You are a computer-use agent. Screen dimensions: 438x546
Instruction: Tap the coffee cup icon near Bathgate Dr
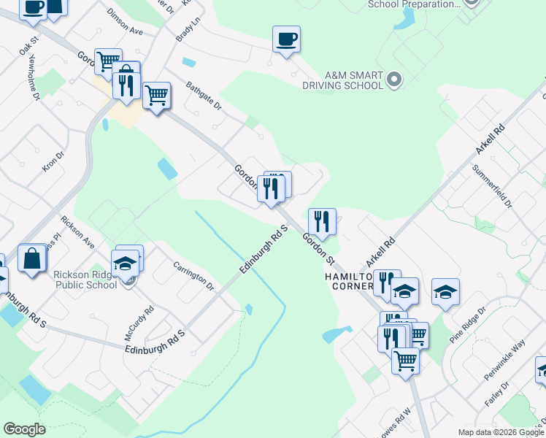(x=286, y=39)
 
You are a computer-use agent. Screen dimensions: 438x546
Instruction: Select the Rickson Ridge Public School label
(x=85, y=280)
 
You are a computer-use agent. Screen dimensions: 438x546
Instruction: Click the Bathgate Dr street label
(x=203, y=96)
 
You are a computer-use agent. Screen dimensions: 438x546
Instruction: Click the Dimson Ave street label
(x=125, y=23)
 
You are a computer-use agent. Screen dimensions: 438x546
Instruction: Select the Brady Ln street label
(x=188, y=30)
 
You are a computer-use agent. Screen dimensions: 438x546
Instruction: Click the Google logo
(x=24, y=429)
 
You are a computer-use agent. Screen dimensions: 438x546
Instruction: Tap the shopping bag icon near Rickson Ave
(x=33, y=260)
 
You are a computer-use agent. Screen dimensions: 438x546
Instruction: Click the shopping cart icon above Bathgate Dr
(x=156, y=96)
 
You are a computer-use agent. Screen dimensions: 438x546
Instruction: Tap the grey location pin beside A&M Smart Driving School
(x=394, y=79)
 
